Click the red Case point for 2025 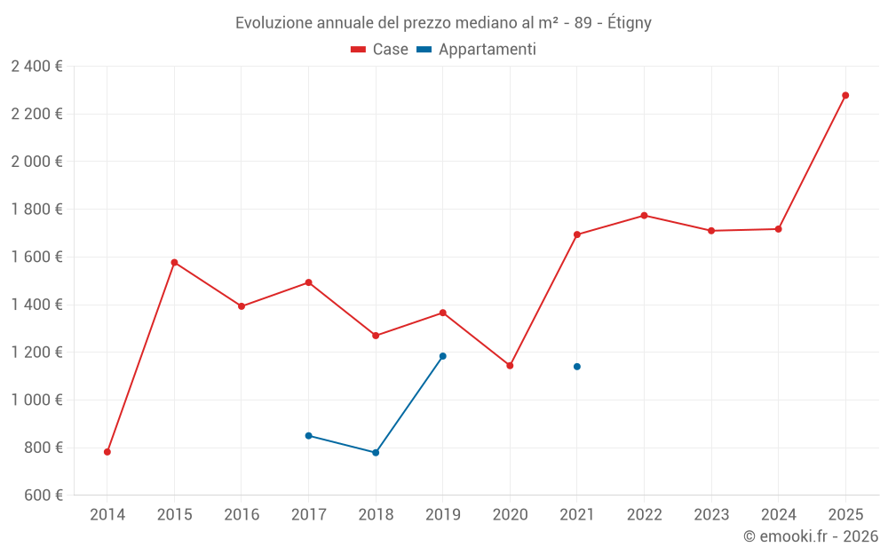coord(845,95)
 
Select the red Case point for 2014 coord(107,452)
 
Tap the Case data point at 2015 coord(174,263)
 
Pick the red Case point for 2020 coord(510,366)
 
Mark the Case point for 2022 coord(644,216)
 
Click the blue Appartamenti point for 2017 coord(308,436)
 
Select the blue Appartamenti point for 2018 coord(376,453)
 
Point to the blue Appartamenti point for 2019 coord(443,356)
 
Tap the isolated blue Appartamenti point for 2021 coord(577,367)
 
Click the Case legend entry coord(380,50)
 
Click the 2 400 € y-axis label coord(36,67)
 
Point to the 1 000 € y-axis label coord(36,400)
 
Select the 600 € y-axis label coord(42,496)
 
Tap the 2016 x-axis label coord(242,514)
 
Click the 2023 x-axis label coord(711,514)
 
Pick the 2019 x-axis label coord(443,514)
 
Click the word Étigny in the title coord(628,23)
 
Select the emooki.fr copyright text coord(811,536)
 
